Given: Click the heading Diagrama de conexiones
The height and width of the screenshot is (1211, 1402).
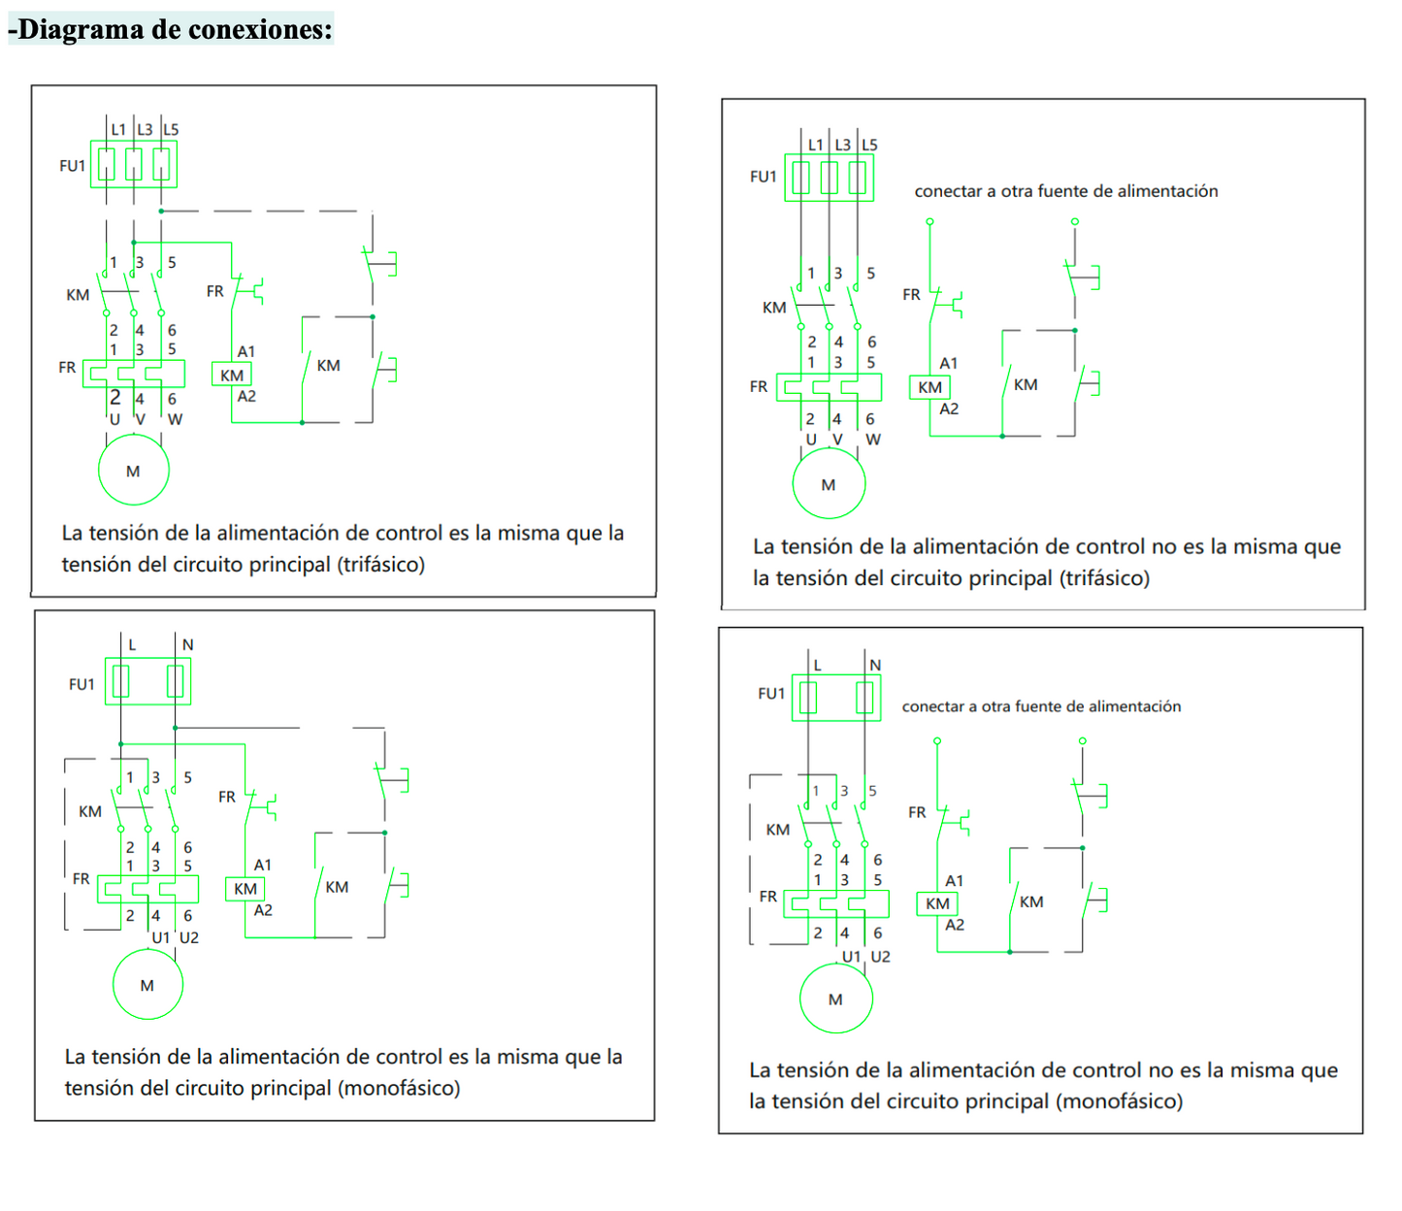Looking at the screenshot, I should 171,29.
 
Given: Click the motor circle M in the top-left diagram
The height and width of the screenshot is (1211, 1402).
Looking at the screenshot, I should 134,471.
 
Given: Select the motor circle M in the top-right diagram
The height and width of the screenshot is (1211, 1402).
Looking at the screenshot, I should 829,484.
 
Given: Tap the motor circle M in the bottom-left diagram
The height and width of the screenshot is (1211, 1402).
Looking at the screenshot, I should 147,985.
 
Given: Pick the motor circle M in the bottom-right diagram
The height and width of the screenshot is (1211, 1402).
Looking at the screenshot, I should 835,998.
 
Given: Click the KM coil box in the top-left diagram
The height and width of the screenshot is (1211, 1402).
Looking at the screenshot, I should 232,376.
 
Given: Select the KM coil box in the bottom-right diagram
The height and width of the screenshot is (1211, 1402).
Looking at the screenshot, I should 937,903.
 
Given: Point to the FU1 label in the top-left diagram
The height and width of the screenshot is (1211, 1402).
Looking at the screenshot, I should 73,166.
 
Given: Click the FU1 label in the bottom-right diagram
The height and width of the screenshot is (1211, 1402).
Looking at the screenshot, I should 771,693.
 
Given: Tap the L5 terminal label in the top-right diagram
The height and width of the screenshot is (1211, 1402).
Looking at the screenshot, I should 869,145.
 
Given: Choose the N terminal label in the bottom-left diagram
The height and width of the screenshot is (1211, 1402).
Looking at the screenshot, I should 187,644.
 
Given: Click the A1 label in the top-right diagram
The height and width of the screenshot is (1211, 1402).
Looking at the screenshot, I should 948,363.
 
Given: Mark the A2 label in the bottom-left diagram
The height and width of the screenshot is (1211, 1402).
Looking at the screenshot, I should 263,910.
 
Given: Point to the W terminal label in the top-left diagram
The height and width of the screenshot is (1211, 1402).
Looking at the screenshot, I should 175,419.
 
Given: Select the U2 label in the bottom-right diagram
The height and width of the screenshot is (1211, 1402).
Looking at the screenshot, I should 880,956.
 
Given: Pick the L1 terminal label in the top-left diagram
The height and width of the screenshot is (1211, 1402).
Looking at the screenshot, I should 118,129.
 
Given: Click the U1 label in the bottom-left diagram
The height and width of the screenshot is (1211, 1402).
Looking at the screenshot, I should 161,937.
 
